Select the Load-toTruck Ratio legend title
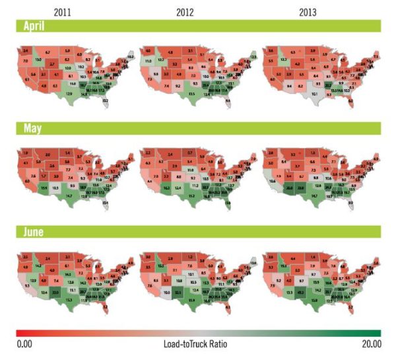[x=198, y=343]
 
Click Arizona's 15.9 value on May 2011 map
[x=44, y=188]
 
